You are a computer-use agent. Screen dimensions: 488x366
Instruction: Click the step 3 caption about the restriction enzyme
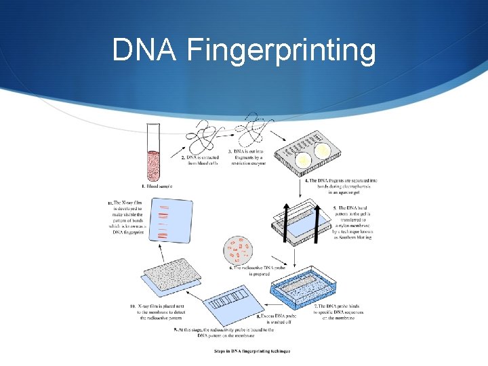pos(246,157)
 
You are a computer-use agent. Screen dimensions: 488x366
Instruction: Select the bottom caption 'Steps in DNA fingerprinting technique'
pos(252,351)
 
